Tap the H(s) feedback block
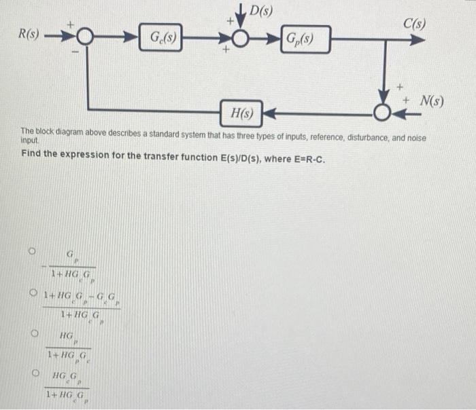pyautogui.click(x=242, y=112)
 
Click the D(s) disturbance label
pyautogui.click(x=261, y=10)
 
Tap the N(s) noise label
pyautogui.click(x=430, y=102)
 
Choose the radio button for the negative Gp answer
pyautogui.click(x=31, y=250)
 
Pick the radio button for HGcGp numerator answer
pyautogui.click(x=31, y=372)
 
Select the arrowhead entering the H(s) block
pyautogui.click(x=270, y=111)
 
